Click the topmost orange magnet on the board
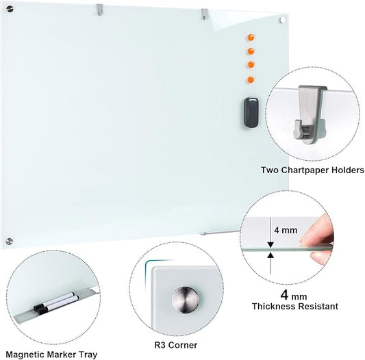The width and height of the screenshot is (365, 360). pyautogui.click(x=251, y=37)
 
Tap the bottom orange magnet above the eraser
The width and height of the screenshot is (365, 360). pyautogui.click(x=251, y=76)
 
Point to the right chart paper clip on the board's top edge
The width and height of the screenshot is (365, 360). pyautogui.click(x=204, y=12)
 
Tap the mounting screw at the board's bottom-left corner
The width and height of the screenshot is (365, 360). pyautogui.click(x=9, y=240)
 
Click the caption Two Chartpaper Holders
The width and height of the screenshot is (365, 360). pyautogui.click(x=312, y=170)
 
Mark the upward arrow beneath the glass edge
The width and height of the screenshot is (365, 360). pyautogui.click(x=270, y=258)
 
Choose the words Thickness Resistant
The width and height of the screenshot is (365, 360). pyautogui.click(x=295, y=307)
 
